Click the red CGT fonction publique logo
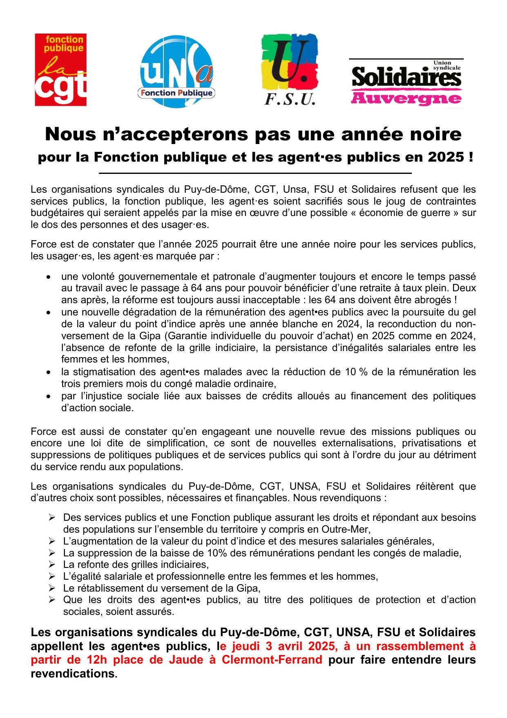[60, 70]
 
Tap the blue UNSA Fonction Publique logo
[177, 72]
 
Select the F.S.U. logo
[290, 70]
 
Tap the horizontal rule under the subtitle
[255, 173]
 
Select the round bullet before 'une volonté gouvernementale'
[49, 277]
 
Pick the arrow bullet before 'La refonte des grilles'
[52, 565]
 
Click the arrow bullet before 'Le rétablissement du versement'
[52, 588]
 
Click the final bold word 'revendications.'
[74, 674]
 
